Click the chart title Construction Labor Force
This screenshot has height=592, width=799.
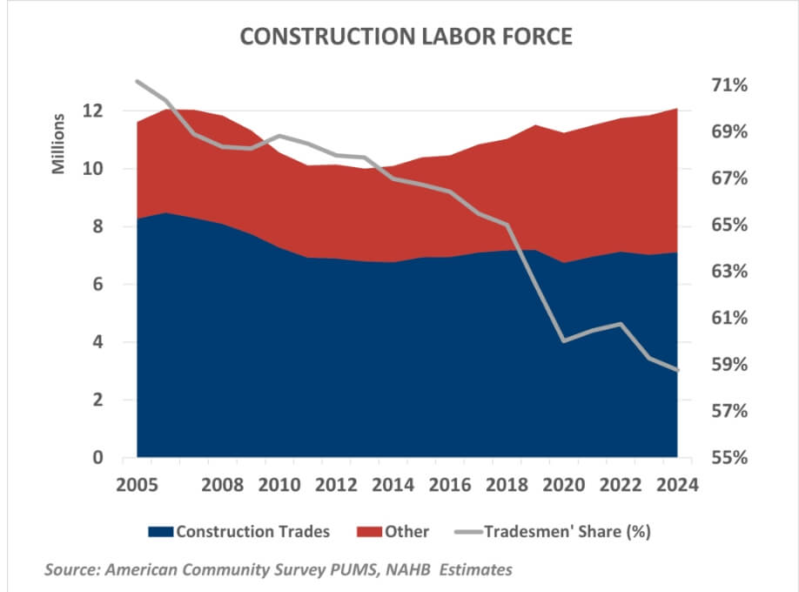click(399, 36)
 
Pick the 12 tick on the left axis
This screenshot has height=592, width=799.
click(93, 111)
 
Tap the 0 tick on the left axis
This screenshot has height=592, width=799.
click(98, 458)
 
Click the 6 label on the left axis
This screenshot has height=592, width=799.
click(98, 285)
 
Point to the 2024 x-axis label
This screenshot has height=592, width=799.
click(676, 485)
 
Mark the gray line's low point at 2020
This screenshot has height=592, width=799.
click(564, 340)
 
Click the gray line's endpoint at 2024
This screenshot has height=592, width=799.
click(677, 370)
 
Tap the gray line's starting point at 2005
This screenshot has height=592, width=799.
click(138, 81)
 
